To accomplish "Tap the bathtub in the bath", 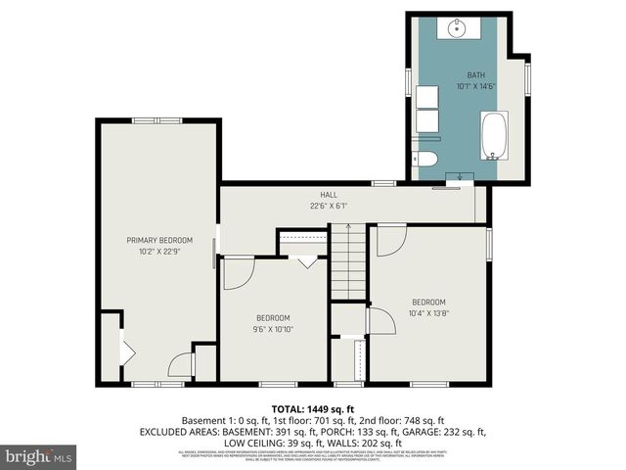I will coord(495,135).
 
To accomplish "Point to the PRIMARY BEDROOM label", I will coord(158,240).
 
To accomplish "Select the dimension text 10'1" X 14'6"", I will coord(475,86).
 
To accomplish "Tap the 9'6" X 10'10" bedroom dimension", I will coord(273,329).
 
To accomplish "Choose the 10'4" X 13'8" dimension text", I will coord(428,313).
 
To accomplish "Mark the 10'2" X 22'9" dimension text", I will coord(158,252).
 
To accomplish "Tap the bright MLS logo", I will coord(39,456).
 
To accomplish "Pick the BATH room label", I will coord(475,75).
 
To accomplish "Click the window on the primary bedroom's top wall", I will coord(156,120).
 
